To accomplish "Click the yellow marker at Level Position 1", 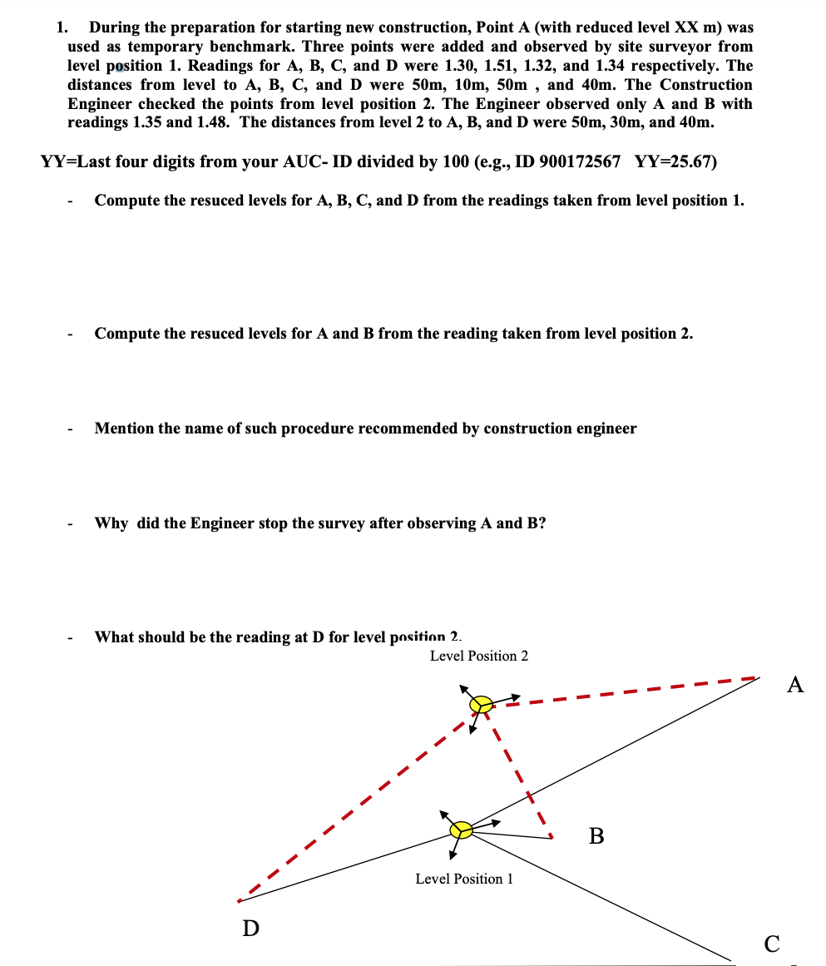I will point(461,830).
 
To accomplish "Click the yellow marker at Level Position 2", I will point(480,705).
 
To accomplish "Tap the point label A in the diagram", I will point(795,685).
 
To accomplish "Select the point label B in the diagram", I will point(596,835).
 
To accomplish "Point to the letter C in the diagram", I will point(772,944).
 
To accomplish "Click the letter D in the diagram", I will point(250,928).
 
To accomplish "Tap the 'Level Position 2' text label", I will point(478,656).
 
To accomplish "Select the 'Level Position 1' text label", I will point(464,879).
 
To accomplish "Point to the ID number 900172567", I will point(580,161).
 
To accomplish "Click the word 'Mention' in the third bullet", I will point(124,429).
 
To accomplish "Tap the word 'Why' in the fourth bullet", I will point(111,523).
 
